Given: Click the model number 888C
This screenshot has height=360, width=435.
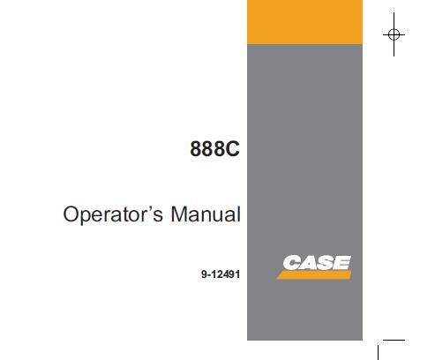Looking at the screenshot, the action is tap(214, 149).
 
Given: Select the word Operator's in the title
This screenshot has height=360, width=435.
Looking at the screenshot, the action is tap(113, 214).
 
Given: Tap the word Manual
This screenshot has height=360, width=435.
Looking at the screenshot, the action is tap(206, 214).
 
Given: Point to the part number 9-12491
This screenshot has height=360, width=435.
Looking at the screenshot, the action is tap(221, 274).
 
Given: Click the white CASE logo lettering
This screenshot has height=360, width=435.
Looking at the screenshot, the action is tap(317, 263).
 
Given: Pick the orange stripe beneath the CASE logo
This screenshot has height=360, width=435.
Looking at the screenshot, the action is tap(314, 275).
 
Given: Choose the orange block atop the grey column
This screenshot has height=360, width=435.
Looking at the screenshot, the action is tap(304, 22).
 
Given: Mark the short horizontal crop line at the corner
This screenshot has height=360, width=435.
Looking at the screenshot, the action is tap(394, 341).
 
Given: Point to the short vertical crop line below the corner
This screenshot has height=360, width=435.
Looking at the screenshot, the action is tap(378, 353).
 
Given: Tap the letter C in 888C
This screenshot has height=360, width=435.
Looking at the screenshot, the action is tap(232, 149).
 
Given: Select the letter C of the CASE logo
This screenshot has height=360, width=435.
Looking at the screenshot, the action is tap(291, 263).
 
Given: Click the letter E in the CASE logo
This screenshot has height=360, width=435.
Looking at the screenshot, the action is tap(342, 263).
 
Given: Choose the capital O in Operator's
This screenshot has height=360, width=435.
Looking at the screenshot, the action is tap(71, 214).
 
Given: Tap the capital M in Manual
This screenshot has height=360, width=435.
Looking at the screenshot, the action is tap(179, 214).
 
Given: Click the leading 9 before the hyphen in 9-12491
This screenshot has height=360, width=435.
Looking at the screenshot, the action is tap(204, 274).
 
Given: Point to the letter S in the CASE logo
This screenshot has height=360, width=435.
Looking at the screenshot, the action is tap(326, 263).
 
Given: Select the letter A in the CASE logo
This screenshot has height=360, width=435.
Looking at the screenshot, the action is tap(308, 263).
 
